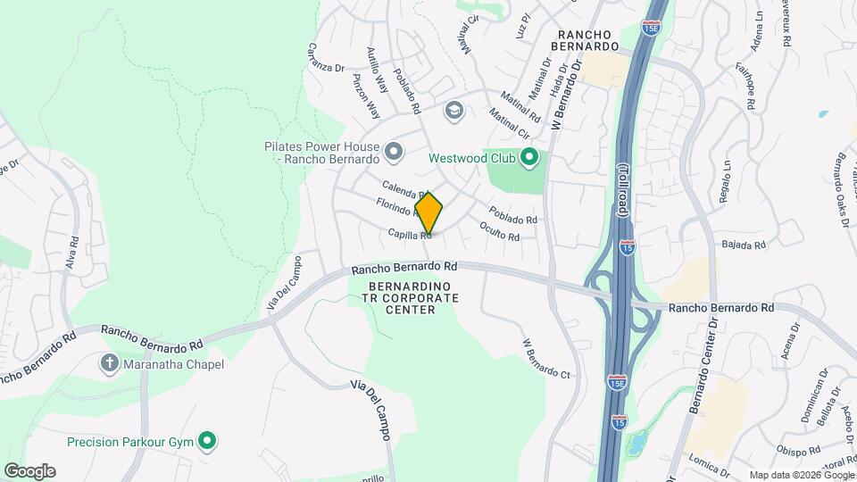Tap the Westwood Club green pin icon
pyautogui.click(x=529, y=159)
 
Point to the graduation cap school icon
pyautogui.click(x=454, y=110)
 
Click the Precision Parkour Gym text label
pyautogui.click(x=130, y=441)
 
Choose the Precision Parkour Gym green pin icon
pyautogui.click(x=207, y=441)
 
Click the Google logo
pyautogui.click(x=29, y=470)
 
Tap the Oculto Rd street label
pyautogui.click(x=500, y=231)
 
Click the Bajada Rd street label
pyautogui.click(x=744, y=245)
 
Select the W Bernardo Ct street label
pyautogui.click(x=545, y=356)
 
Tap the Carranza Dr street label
pyautogui.click(x=326, y=57)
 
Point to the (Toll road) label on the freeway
pyautogui.click(x=623, y=189)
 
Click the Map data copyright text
pyautogui.click(x=800, y=475)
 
